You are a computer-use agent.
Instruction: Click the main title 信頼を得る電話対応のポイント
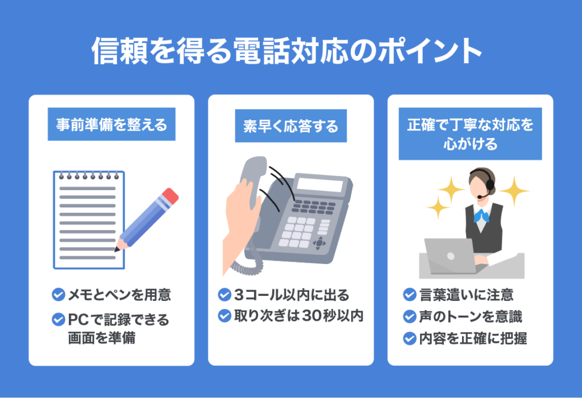(x=286, y=52)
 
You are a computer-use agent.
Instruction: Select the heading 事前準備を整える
(x=111, y=125)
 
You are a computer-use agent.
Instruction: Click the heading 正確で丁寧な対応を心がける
(x=470, y=134)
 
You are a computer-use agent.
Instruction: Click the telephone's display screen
(x=320, y=185)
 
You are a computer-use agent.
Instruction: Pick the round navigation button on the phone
(x=320, y=242)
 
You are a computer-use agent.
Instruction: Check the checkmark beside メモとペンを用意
(x=58, y=295)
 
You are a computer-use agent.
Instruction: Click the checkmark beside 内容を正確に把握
(x=409, y=338)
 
